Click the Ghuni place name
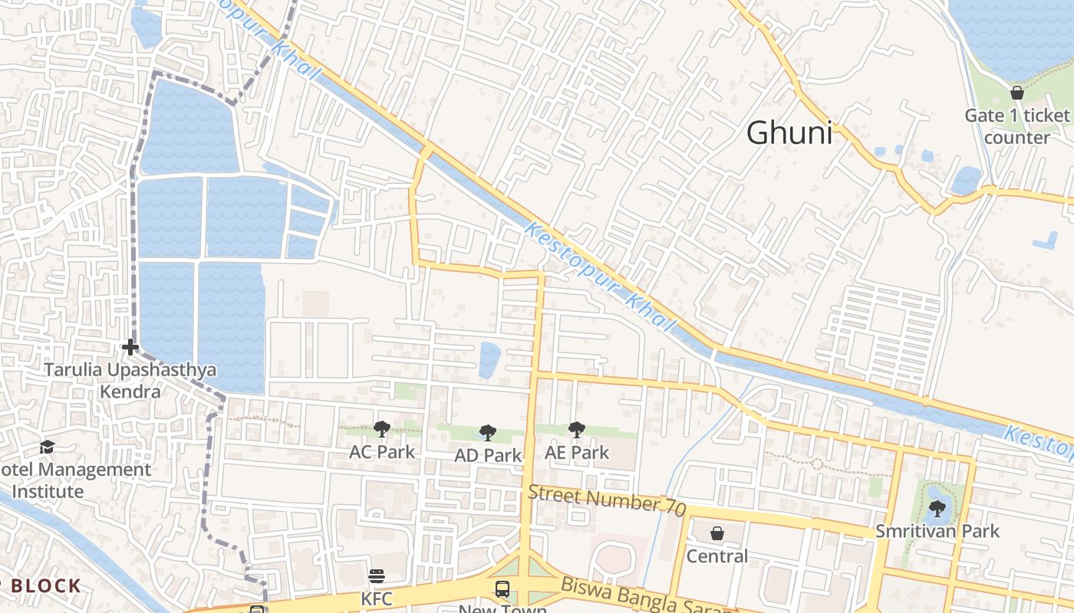coord(789,133)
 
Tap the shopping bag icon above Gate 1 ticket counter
coord(1017,93)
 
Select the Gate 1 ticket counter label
coord(1017,126)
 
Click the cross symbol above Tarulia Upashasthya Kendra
coord(130,348)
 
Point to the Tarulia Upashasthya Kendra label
coord(130,381)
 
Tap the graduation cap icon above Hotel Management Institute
coord(48,447)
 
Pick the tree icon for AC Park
coord(381,429)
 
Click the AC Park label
coord(382,452)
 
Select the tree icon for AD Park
coord(487,433)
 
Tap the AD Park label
coord(488,455)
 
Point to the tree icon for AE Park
coord(576,430)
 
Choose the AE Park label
coord(577,453)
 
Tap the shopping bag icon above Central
coord(717,533)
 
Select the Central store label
coord(717,556)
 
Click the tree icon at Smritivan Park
coord(937,508)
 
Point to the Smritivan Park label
coord(938,531)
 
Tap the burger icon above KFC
coord(376,576)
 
